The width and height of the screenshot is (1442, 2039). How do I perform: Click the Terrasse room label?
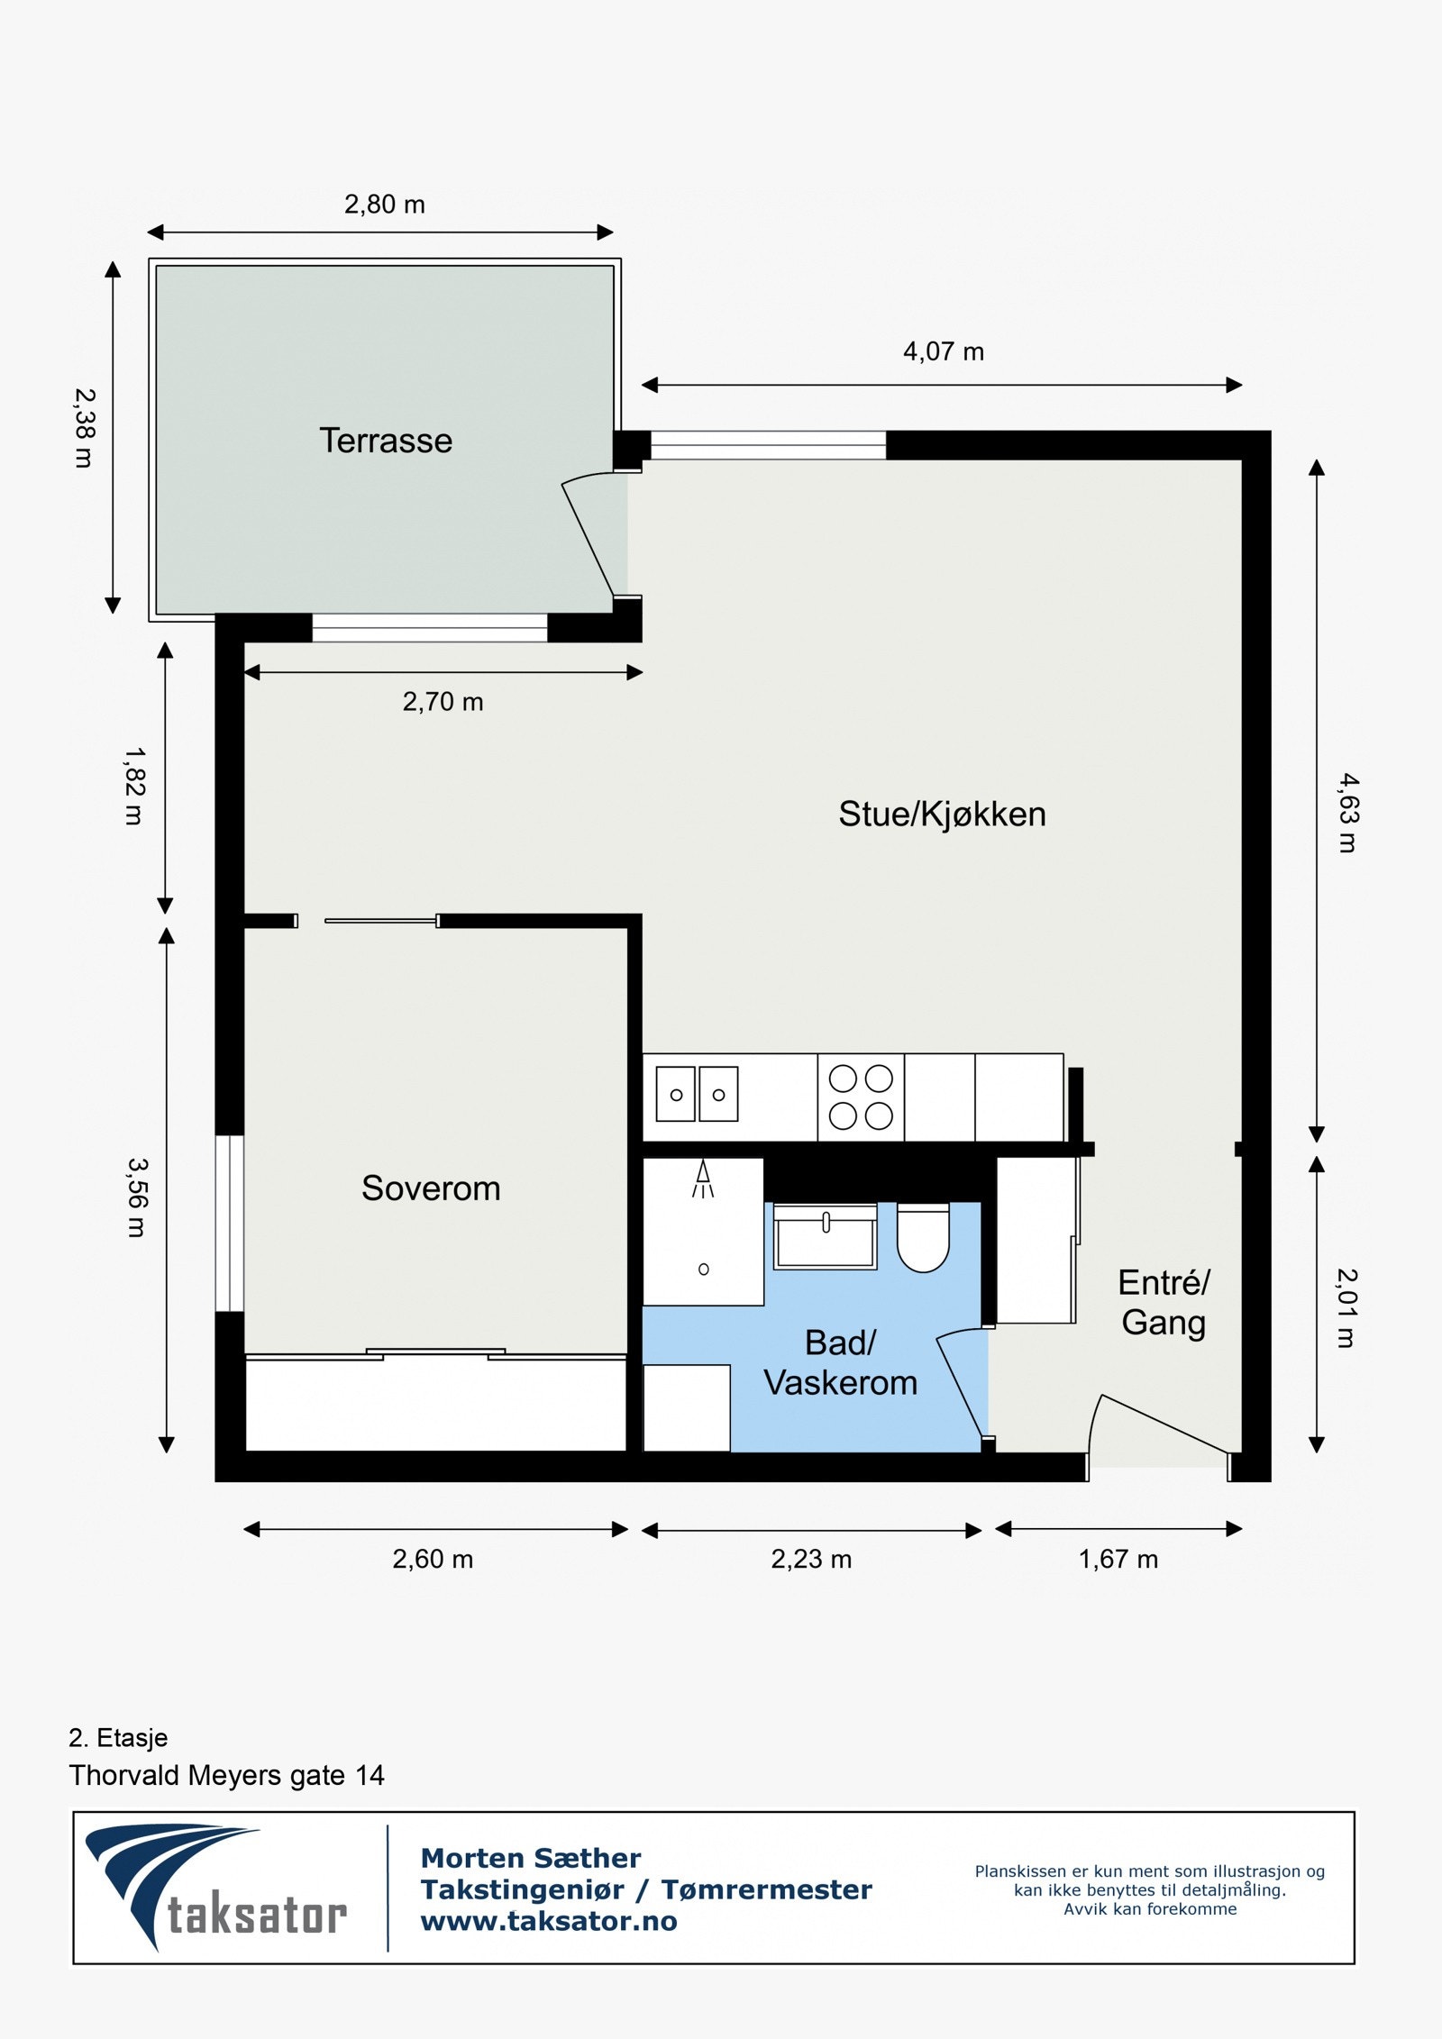386,441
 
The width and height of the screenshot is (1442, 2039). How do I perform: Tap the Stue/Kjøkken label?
942,815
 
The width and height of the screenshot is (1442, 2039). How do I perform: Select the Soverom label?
431,1188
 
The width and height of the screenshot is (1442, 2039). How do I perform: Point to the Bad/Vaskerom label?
840,1362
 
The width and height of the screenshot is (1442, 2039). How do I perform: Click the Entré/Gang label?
1164,1302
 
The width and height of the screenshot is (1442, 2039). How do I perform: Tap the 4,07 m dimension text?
944,351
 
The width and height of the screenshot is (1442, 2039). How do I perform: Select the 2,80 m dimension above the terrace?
385,205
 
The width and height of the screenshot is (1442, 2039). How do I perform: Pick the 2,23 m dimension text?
811,1560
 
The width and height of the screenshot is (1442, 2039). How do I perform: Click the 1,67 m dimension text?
1118,1560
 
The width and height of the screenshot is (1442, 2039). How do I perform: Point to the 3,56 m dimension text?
136,1197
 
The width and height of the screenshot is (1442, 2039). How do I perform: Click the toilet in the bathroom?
923,1237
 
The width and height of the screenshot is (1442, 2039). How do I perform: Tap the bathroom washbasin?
825,1236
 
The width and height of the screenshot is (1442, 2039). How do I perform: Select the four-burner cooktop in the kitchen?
861,1097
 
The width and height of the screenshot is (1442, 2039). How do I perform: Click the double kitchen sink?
697,1094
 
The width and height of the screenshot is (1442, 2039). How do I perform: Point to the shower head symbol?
703,1179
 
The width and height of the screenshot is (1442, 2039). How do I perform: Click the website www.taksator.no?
549,1923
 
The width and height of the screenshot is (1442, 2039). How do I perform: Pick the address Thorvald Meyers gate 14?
227,1775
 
